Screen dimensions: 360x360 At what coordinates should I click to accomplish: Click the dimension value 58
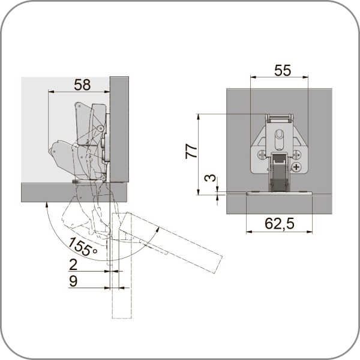(x=82, y=85)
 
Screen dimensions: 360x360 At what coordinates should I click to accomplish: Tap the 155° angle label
(x=82, y=247)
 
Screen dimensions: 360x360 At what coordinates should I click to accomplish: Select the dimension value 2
(x=73, y=265)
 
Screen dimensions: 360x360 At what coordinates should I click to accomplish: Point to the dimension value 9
(x=73, y=281)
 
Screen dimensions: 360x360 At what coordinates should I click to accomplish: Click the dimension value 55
(x=283, y=70)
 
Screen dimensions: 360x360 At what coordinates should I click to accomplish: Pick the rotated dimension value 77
(x=191, y=151)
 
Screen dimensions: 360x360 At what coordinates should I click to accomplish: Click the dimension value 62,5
(x=279, y=223)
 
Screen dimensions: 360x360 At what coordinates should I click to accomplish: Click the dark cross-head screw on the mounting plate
(x=296, y=167)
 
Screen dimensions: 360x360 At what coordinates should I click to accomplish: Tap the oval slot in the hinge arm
(x=279, y=139)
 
